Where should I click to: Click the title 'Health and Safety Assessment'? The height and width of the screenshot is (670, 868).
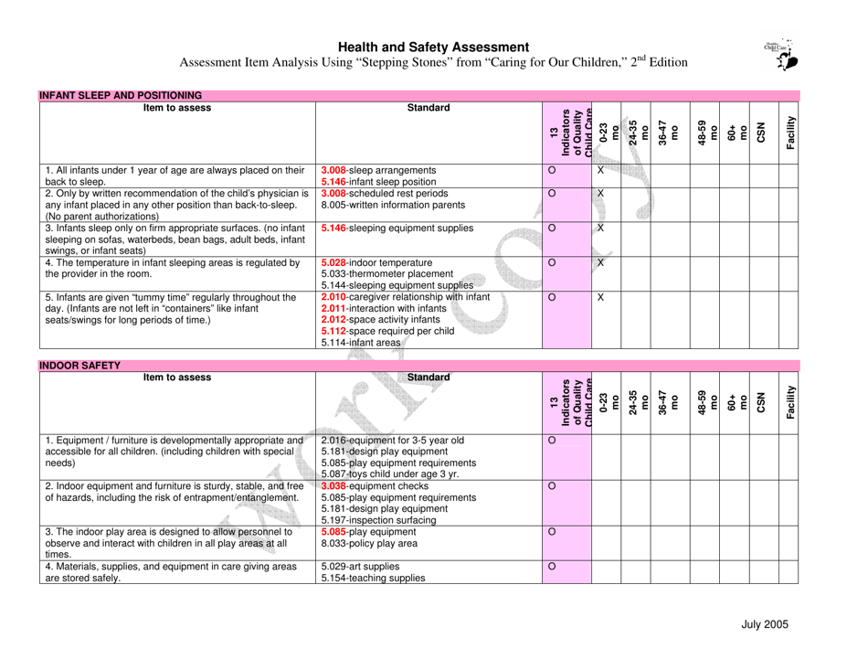pyautogui.click(x=434, y=47)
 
